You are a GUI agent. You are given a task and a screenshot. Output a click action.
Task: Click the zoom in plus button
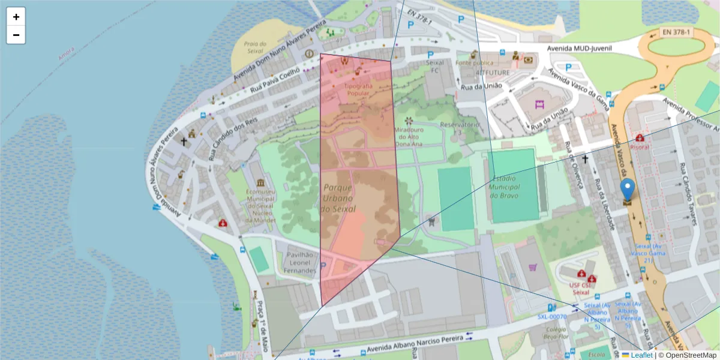[16, 17]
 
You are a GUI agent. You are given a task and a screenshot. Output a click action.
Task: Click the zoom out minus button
[16, 35]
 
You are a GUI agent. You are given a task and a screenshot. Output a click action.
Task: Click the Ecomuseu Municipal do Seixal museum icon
[260, 182]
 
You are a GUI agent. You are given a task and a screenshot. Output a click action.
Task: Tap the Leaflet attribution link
[641, 355]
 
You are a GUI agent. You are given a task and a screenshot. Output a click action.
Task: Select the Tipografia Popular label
[358, 89]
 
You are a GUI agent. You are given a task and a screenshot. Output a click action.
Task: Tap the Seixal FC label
[433, 66]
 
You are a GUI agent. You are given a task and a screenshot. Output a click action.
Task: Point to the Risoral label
[640, 147]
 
